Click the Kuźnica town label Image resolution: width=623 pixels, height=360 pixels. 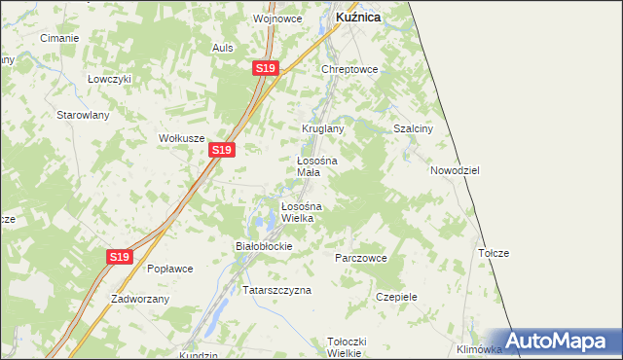tap(357, 18)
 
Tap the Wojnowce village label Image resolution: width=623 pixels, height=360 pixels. tap(277, 18)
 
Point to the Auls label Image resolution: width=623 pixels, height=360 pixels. tap(224, 47)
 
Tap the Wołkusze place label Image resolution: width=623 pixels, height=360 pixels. tap(182, 138)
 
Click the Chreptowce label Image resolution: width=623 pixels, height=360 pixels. tap(349, 70)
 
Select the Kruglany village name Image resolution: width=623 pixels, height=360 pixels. tap(323, 128)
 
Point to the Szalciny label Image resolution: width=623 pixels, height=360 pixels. tap(411, 128)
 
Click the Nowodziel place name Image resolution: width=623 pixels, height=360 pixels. tap(455, 170)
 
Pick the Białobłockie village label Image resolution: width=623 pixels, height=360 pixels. tap(265, 246)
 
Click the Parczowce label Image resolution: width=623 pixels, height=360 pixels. tap(361, 258)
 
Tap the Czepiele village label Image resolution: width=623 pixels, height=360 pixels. tap(396, 297)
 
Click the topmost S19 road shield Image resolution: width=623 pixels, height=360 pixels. tap(267, 68)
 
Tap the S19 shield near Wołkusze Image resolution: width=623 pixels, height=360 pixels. tap(222, 150)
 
